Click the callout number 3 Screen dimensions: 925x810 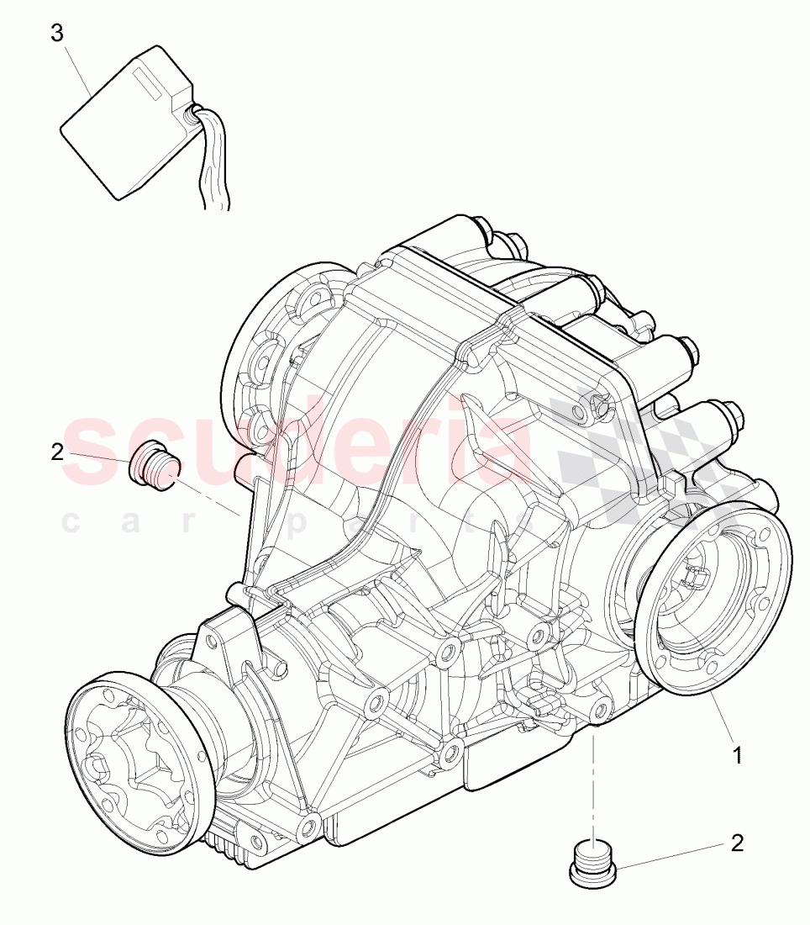[57, 33]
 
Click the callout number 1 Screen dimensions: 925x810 [737, 755]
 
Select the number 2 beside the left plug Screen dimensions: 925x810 [57, 452]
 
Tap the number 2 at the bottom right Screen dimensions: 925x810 [737, 843]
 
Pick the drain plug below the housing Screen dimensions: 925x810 [592, 864]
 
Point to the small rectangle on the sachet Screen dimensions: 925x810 [151, 81]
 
